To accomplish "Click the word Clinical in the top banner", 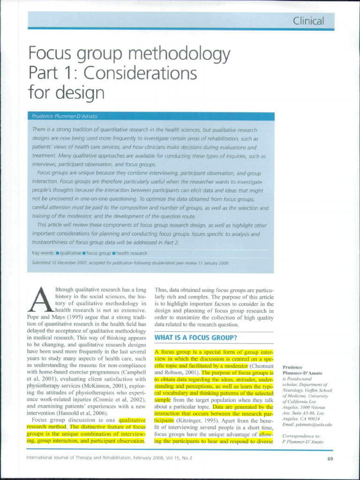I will [308, 21].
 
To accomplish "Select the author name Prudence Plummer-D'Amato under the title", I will [64, 116].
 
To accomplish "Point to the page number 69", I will [330, 458].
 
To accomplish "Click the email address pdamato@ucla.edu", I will [307, 425].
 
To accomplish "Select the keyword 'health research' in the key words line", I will [132, 253].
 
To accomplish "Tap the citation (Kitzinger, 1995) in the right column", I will [187, 421].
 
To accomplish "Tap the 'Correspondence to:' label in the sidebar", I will [301, 436].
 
